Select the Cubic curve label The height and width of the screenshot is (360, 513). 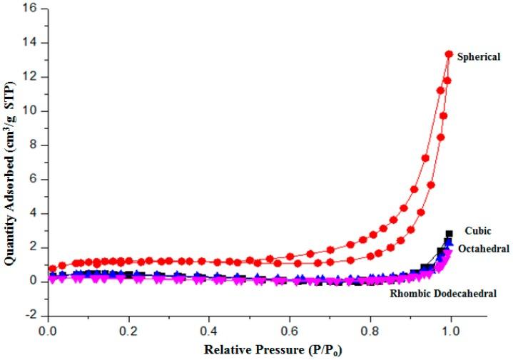click(478, 231)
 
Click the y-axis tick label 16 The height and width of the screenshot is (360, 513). click(31, 9)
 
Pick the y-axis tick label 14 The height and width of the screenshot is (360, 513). click(31, 43)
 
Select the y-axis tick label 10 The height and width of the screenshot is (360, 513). click(31, 111)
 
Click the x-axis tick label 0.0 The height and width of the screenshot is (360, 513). click(49, 331)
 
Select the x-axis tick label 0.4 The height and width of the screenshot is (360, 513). click(209, 331)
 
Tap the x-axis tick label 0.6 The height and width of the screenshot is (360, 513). click(290, 331)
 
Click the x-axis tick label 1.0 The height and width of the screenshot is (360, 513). click(450, 331)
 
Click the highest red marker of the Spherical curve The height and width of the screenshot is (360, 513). click(449, 54)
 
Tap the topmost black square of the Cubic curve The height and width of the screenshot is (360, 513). click(449, 234)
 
